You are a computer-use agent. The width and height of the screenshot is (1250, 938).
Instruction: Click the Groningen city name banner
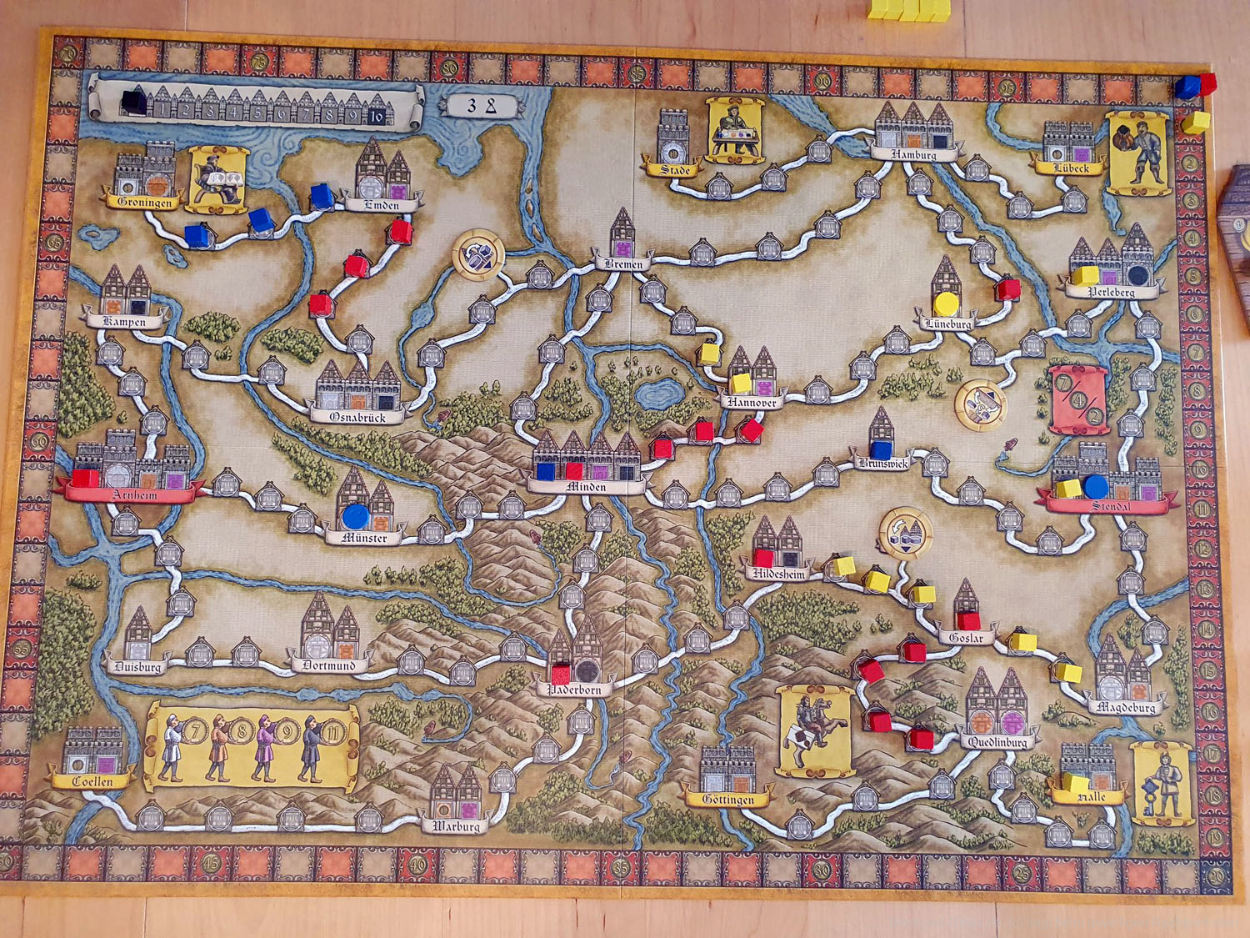144,202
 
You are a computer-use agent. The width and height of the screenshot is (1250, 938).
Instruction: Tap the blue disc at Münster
356,517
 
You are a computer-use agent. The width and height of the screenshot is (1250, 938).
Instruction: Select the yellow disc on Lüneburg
945,303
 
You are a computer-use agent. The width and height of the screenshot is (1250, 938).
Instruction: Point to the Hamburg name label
913,154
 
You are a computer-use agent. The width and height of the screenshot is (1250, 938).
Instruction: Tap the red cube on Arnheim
84,479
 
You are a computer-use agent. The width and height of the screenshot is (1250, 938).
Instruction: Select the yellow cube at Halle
1075,784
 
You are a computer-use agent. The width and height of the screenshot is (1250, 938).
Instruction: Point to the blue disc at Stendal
1095,485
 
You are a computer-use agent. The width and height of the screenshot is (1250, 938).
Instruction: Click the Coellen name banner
92,781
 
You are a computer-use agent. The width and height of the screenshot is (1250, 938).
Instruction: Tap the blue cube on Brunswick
881,450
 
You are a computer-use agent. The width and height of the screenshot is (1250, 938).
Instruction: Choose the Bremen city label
624,263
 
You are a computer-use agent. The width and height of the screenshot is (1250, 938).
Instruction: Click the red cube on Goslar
967,621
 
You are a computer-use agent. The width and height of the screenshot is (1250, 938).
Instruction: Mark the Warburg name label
456,826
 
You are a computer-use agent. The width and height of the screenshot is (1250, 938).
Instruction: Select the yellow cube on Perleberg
1085,275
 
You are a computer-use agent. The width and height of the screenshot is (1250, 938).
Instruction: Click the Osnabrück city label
357,416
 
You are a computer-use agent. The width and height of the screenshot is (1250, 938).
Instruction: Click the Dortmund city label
329,665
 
